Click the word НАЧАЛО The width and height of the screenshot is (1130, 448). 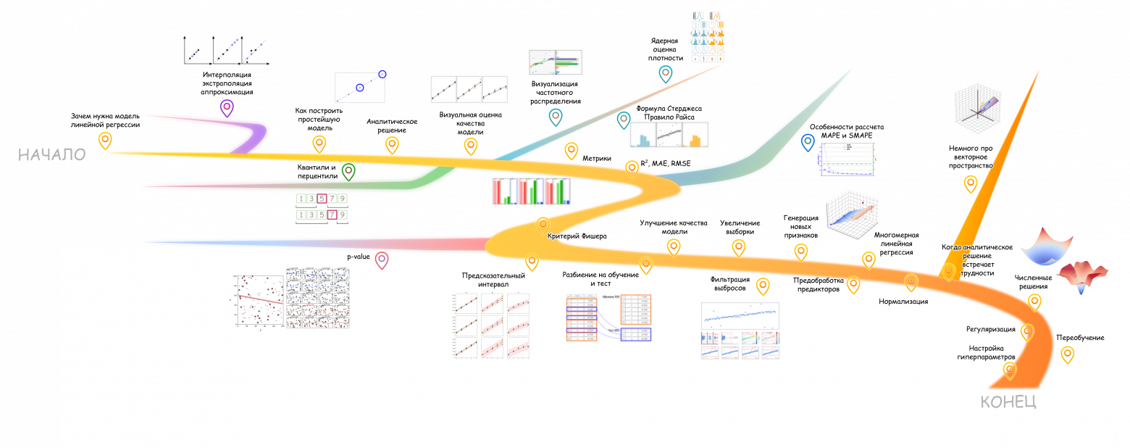pyautogui.click(x=51, y=154)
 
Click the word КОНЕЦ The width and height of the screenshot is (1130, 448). pyautogui.click(x=1008, y=402)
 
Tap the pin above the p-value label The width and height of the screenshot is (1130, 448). pyautogui.click(x=382, y=260)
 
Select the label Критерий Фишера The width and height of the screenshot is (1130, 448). pyautogui.click(x=577, y=236)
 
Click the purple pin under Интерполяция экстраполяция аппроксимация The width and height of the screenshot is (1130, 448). pyautogui.click(x=227, y=108)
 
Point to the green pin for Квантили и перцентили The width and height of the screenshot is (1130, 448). pyautogui.click(x=348, y=171)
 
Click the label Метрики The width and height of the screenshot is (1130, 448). pyautogui.click(x=597, y=158)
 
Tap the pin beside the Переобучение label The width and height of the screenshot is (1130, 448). pyautogui.click(x=1067, y=354)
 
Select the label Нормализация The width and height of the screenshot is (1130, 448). pyautogui.click(x=903, y=301)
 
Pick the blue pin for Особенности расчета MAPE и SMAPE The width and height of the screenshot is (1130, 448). pyautogui.click(x=808, y=142)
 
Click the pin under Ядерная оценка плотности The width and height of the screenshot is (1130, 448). pyautogui.click(x=665, y=73)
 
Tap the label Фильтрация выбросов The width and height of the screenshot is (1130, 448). pyautogui.click(x=730, y=283)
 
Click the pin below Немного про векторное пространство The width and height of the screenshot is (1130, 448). pyautogui.click(x=971, y=183)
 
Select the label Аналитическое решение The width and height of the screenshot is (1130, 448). pyautogui.click(x=386, y=126)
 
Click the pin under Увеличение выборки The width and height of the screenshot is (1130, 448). pyautogui.click(x=739, y=246)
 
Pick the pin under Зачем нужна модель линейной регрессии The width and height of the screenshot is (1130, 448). pyautogui.click(x=106, y=140)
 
